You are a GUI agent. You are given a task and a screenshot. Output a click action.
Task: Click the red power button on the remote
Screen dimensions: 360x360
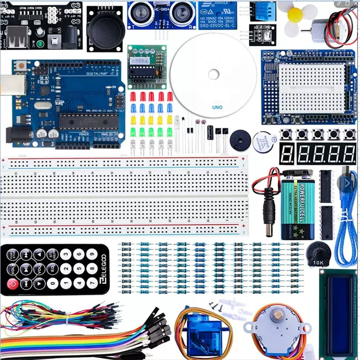12,283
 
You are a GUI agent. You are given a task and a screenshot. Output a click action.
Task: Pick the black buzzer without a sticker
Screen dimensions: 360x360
238,139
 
